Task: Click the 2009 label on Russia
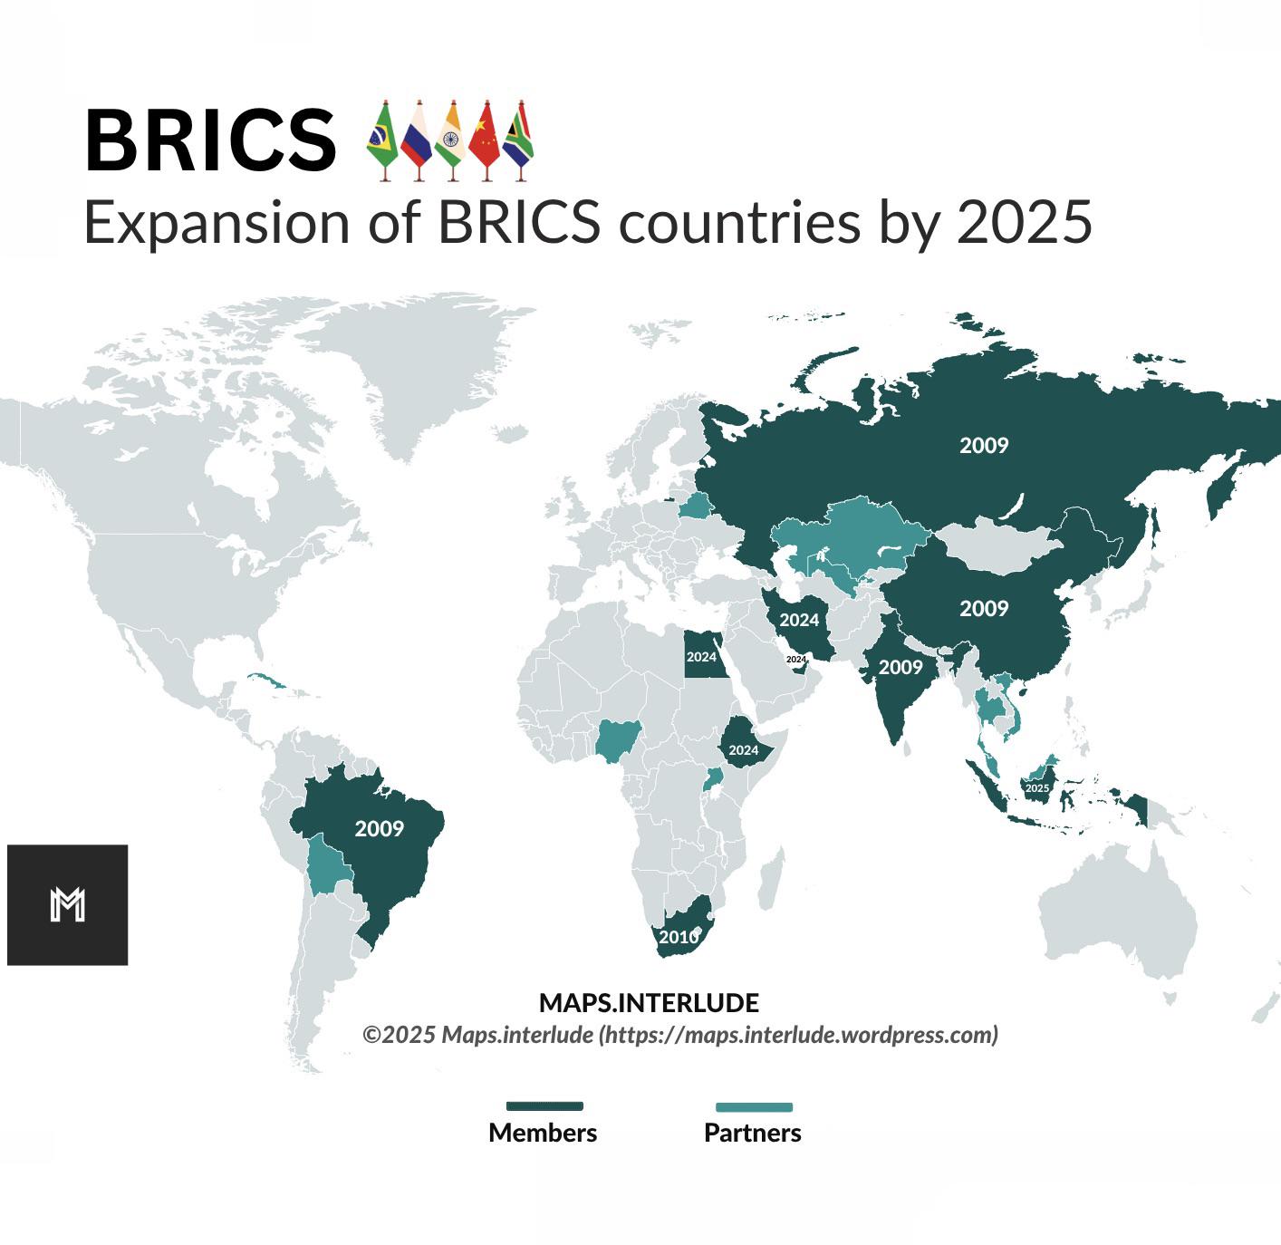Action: [x=984, y=445]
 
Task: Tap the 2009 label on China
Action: [x=984, y=608]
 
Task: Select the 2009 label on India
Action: [x=901, y=668]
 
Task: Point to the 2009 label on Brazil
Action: [x=379, y=828]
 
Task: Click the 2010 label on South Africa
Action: [x=679, y=937]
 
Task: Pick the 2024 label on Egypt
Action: [x=701, y=657]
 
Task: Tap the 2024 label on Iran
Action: [x=799, y=620]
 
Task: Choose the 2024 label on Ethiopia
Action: [x=743, y=750]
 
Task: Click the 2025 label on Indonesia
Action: [x=1036, y=788]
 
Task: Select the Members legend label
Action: [x=543, y=1133]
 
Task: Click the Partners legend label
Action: [x=753, y=1133]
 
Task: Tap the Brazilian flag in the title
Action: [x=382, y=140]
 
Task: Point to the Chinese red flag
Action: [x=485, y=140]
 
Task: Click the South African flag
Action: [x=518, y=140]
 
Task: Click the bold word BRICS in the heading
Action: [x=210, y=141]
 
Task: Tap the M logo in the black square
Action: [x=68, y=904]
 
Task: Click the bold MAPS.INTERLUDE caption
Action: [x=649, y=1003]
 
